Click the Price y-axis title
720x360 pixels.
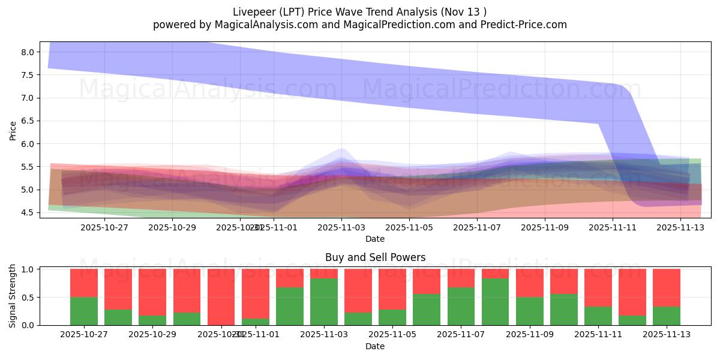tap(13, 130)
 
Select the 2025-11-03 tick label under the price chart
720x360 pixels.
tap(341, 227)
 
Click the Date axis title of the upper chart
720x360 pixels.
tap(375, 239)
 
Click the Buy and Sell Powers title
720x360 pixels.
tap(375, 257)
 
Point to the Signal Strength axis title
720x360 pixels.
tap(13, 296)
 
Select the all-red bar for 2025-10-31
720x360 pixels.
tap(221, 297)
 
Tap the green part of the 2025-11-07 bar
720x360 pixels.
tap(461, 307)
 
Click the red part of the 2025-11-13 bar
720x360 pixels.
tap(667, 287)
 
